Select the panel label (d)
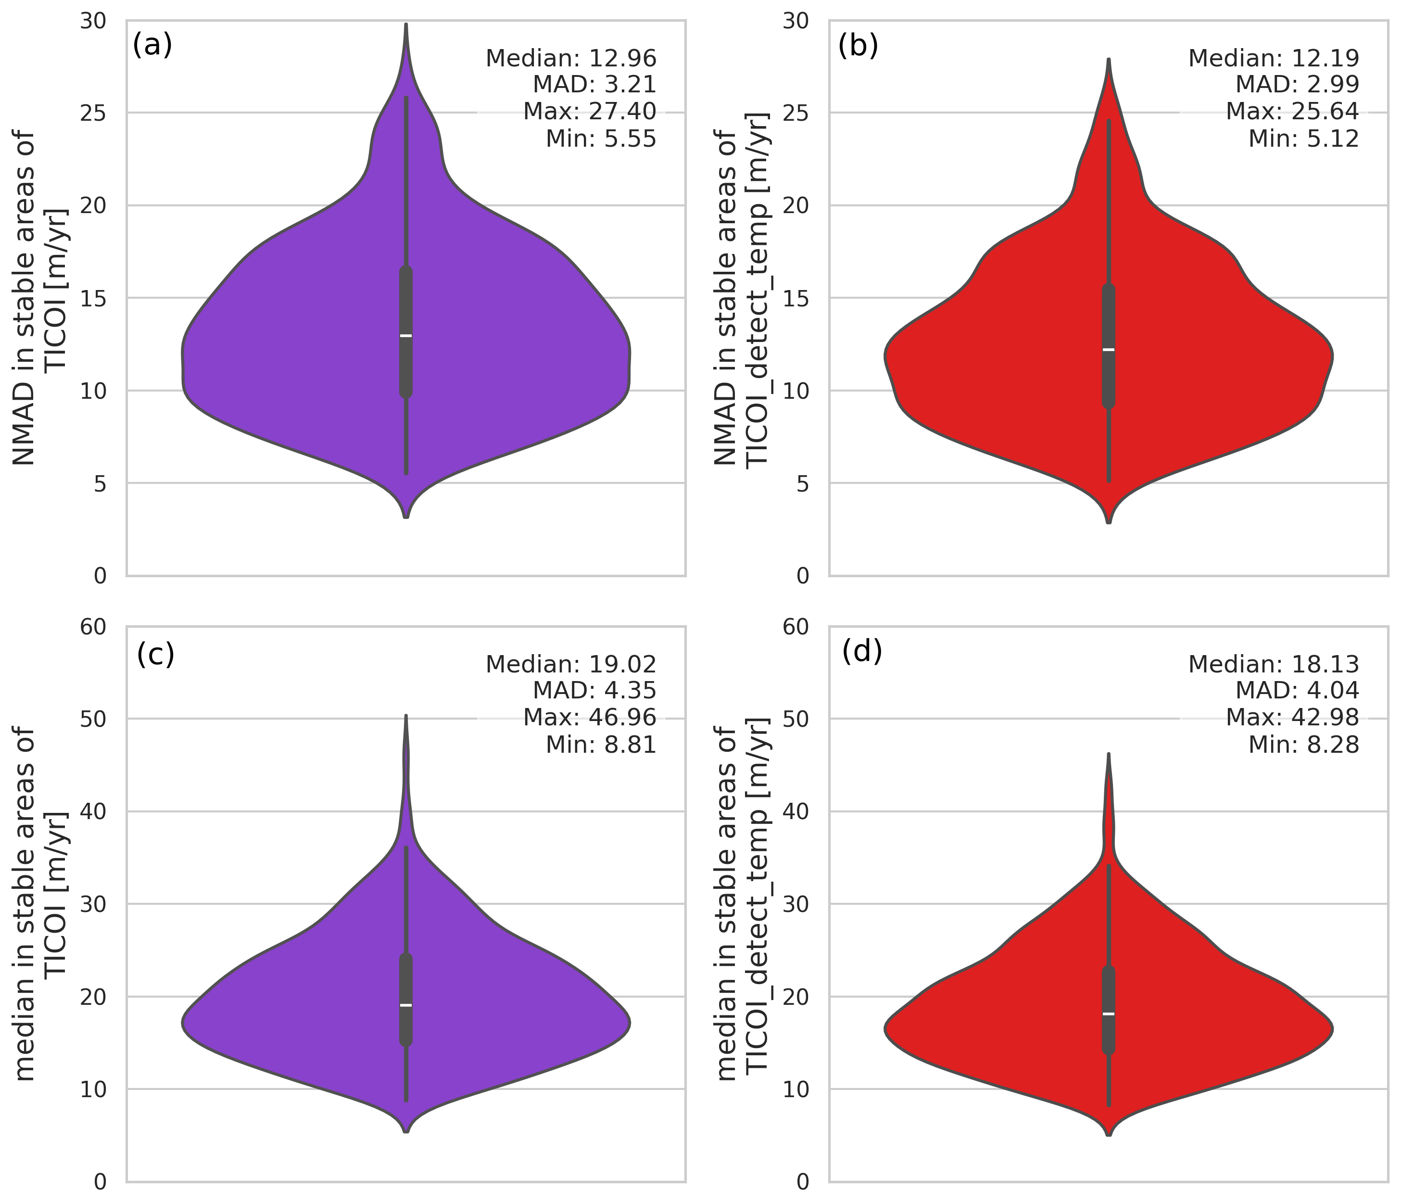tap(861, 651)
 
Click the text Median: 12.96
tap(571, 58)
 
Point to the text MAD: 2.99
tap(1297, 85)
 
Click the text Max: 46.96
tap(589, 718)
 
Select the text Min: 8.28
tap(1303, 745)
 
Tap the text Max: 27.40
tap(589, 112)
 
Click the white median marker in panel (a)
tap(406, 336)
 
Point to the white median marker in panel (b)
tap(1108, 349)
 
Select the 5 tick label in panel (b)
tap(803, 483)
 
